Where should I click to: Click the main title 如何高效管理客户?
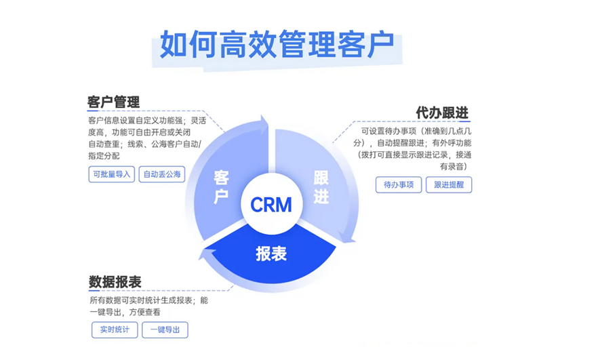click(277, 44)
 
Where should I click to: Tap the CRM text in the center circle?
click(271, 204)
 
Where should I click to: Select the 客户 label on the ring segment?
click(221, 187)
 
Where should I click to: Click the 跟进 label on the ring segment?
click(321, 187)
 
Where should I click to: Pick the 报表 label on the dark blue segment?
click(271, 254)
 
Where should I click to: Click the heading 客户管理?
click(113, 102)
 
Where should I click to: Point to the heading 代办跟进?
click(442, 113)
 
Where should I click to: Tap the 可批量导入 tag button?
click(112, 174)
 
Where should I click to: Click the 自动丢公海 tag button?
click(162, 174)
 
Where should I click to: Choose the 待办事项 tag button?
click(399, 184)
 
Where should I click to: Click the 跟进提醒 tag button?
click(448, 184)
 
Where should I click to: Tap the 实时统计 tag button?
click(115, 329)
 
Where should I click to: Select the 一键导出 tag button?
click(165, 329)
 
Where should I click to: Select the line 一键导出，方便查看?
click(125, 313)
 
